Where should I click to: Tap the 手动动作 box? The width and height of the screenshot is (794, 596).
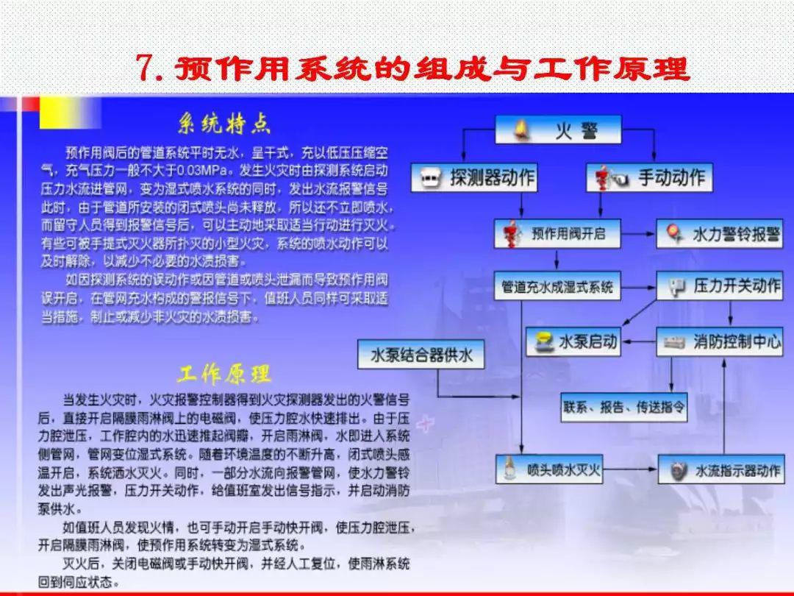(651, 177)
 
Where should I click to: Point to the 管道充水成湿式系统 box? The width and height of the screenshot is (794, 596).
(557, 286)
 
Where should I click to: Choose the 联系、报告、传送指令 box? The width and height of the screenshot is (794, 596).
(625, 406)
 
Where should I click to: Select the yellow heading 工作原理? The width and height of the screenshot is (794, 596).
(223, 375)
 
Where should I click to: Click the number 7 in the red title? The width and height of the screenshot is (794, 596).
(149, 69)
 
